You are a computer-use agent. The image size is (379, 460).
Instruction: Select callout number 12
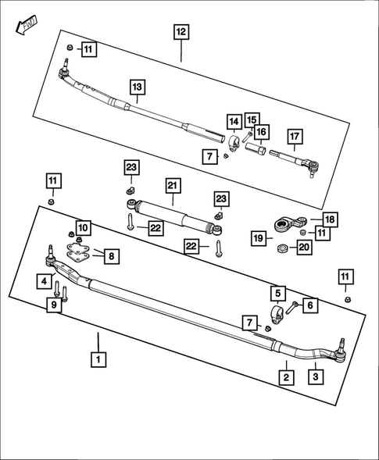pos(181,32)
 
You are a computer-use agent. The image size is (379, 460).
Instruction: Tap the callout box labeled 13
pos(137,87)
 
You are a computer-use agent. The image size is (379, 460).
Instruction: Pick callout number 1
pos(98,360)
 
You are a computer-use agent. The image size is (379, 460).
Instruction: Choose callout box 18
pos(330,220)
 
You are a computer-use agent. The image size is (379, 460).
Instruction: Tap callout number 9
pos(54,305)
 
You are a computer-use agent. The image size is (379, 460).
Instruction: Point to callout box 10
pos(83,228)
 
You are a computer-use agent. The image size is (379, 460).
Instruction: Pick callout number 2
pos(287,377)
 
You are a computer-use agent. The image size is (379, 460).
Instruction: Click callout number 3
pos(317,377)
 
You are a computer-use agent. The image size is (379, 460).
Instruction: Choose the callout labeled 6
pos(310,306)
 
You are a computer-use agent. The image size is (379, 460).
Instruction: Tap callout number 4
pos(46,280)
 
